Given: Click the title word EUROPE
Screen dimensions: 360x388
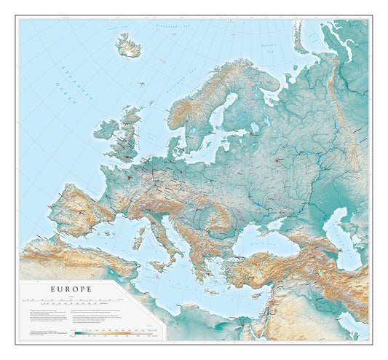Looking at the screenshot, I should coord(71,289).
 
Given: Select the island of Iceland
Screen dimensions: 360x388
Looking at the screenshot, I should coord(128,47).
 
